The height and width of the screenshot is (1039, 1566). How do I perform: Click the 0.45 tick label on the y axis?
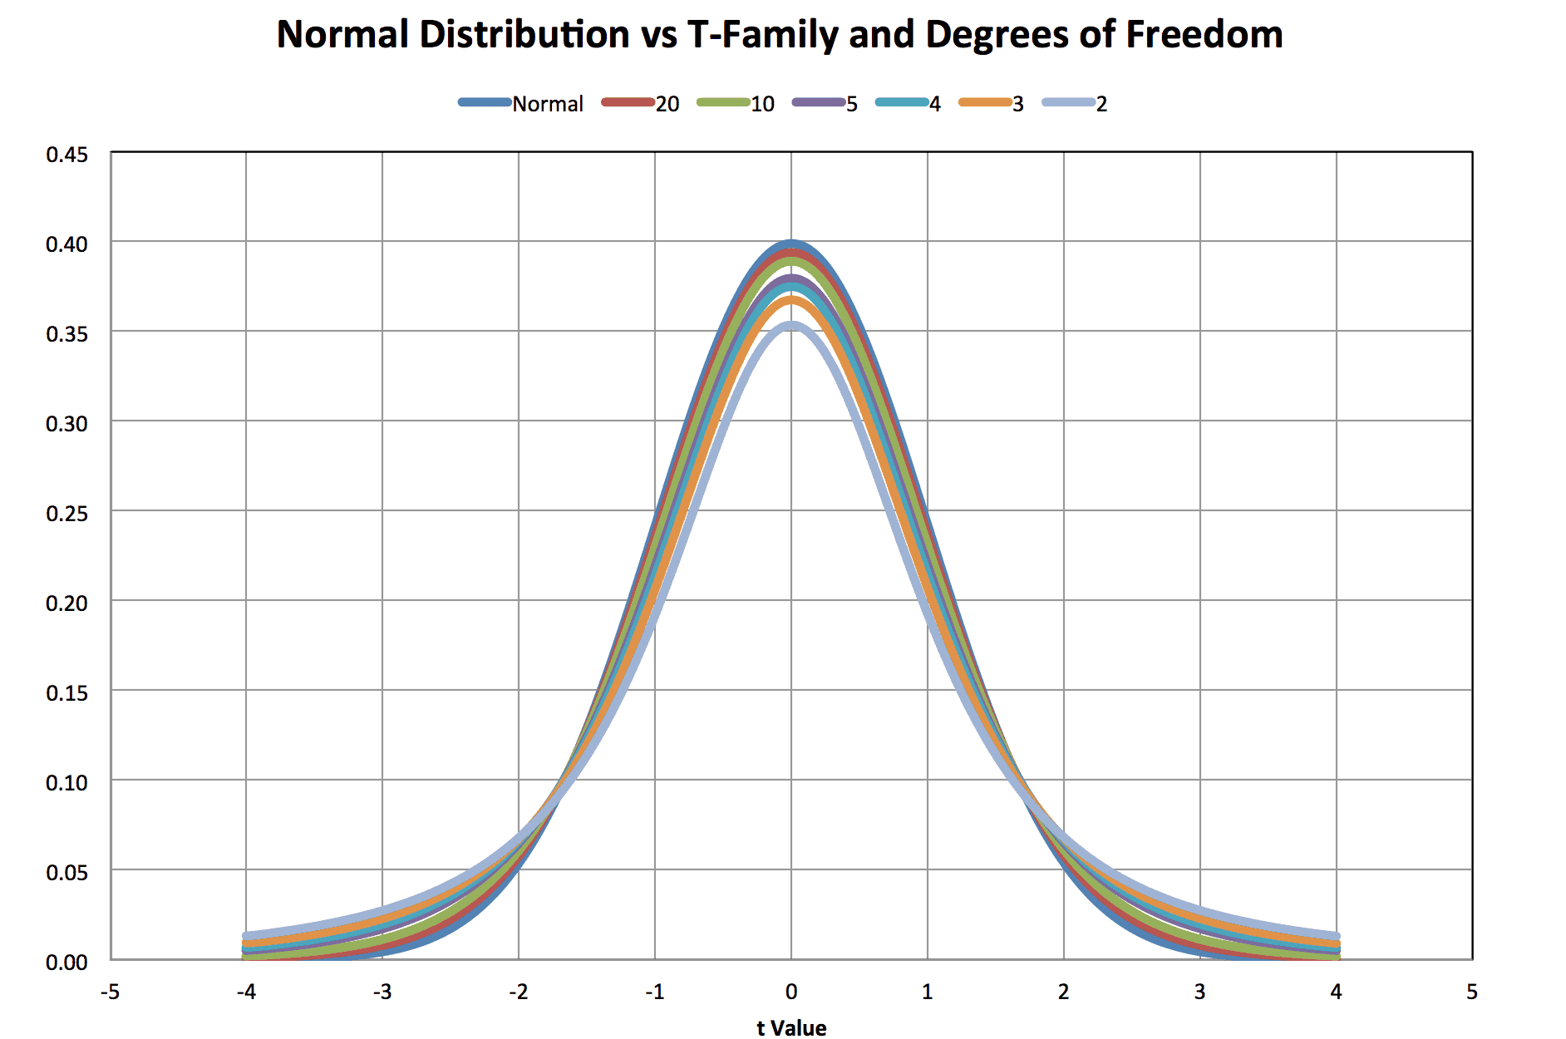66,155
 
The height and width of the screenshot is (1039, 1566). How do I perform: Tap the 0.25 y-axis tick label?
66,514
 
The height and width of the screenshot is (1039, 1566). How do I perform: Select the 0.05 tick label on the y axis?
66,873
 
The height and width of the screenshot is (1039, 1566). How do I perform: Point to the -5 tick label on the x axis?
110,992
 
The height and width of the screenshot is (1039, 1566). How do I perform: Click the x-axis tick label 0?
791,992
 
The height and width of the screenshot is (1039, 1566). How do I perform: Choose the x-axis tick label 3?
1199,992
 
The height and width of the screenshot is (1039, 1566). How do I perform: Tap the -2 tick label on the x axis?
518,992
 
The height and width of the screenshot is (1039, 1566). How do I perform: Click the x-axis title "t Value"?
791,1028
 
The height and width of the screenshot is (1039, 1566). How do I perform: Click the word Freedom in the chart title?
1204,35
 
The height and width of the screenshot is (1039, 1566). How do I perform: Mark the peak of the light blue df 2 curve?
791,326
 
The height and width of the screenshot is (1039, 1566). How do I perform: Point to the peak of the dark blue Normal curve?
791,243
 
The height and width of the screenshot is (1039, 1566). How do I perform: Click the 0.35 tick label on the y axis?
66,334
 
